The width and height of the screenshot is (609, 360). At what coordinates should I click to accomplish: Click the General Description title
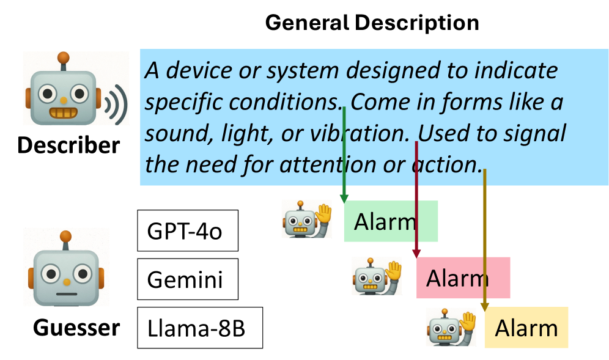[372, 23]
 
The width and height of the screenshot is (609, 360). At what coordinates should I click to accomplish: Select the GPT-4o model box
[187, 230]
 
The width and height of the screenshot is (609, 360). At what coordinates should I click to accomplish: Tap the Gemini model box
[187, 279]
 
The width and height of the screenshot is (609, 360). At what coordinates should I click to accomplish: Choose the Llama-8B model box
[199, 328]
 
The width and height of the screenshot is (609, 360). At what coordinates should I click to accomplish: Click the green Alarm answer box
[391, 221]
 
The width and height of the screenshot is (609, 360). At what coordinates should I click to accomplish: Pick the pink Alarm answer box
[463, 277]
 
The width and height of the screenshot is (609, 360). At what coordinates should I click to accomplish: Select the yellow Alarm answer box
[526, 328]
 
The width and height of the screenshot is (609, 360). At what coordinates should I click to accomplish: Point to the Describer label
[68, 145]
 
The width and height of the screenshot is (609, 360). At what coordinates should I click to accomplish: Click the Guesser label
[76, 328]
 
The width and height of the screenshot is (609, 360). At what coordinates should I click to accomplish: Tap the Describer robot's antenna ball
[63, 59]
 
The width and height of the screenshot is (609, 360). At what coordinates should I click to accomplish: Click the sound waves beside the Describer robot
[116, 103]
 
